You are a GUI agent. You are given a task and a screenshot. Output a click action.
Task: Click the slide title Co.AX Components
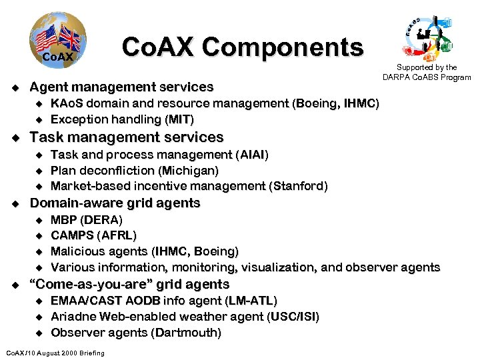[243, 47]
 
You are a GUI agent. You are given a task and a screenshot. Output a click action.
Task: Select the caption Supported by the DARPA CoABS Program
[427, 72]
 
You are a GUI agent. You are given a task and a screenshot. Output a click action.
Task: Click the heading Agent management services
[122, 87]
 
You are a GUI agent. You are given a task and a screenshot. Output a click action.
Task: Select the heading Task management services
[127, 137]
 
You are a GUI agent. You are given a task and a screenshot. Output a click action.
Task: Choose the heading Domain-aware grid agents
[115, 203]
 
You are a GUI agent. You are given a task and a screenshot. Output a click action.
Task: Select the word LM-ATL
[252, 301]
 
